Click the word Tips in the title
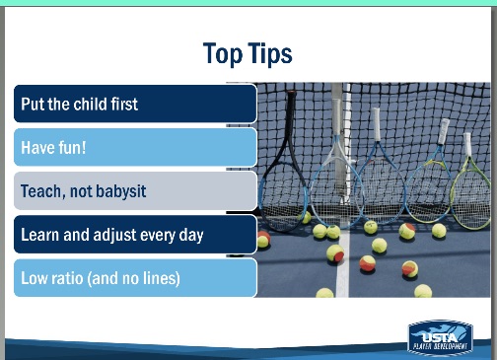269,53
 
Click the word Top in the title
223,53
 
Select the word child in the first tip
90,104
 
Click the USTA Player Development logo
440,338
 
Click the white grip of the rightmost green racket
467,145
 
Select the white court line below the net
343,263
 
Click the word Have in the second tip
35,147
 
